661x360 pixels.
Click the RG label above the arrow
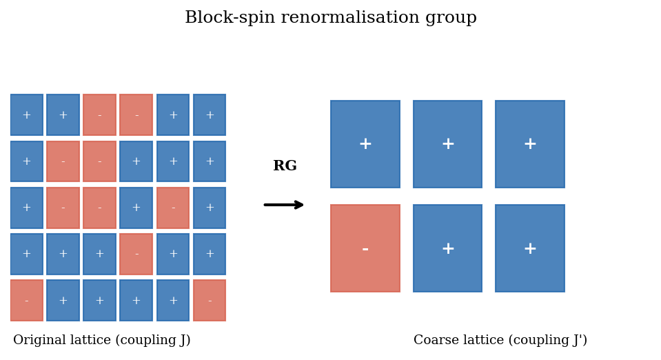point(285,166)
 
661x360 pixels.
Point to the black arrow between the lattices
point(284,205)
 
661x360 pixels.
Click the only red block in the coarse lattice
point(365,248)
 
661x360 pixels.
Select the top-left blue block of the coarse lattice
point(365,144)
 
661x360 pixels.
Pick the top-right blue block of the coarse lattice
point(530,144)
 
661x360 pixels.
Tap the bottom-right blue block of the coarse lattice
point(530,248)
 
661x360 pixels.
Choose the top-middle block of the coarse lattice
point(448,144)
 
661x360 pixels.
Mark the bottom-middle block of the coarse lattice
point(448,248)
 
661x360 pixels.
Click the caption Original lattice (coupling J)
point(102,341)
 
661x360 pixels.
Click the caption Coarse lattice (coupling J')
point(500,341)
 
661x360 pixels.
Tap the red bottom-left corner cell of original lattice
point(27,301)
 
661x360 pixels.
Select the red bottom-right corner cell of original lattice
point(210,301)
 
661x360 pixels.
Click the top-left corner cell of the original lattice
point(27,115)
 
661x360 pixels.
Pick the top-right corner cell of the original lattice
point(210,115)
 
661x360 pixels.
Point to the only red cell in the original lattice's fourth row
point(136,254)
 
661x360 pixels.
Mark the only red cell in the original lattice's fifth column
point(173,208)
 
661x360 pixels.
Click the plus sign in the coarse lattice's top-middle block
point(448,144)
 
